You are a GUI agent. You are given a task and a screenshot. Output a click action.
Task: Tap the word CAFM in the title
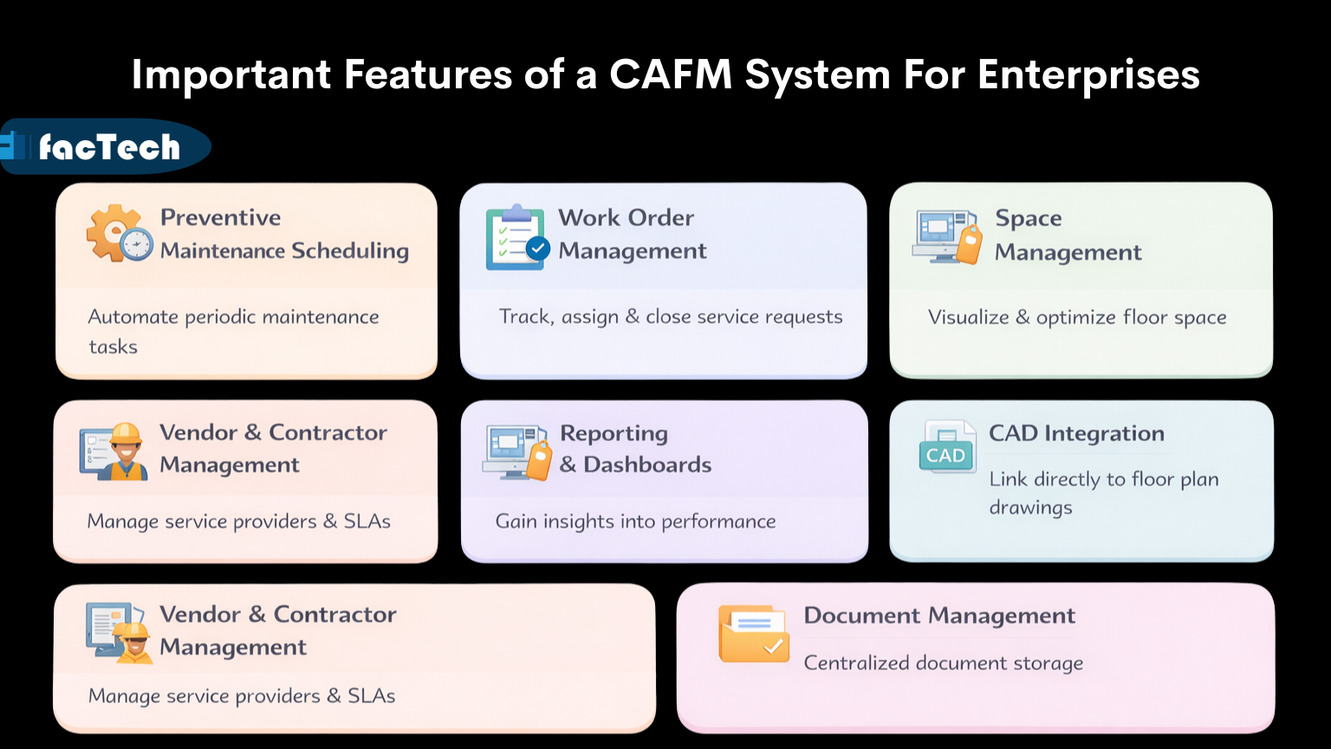(x=670, y=74)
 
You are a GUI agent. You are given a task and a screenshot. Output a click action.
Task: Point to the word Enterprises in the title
(x=1088, y=74)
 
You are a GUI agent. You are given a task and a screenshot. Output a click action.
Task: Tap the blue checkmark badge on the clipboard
(x=538, y=249)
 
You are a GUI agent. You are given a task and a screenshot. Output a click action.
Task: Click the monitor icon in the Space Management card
(x=940, y=234)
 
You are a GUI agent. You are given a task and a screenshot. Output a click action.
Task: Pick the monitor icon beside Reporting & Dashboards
(x=511, y=449)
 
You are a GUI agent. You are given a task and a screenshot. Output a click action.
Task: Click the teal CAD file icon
(x=945, y=448)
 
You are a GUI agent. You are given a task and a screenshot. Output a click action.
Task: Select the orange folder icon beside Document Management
(x=753, y=635)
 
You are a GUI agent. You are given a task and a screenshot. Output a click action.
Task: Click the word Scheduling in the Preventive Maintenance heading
(x=350, y=251)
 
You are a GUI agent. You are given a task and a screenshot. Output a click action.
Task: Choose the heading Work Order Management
(x=632, y=234)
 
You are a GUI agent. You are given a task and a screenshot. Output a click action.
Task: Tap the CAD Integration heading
(x=1076, y=433)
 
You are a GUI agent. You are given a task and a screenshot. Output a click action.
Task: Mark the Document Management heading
(x=939, y=616)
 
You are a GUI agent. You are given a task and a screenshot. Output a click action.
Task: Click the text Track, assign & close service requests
(x=670, y=317)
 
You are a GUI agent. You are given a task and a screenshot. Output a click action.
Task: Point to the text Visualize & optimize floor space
(x=1076, y=318)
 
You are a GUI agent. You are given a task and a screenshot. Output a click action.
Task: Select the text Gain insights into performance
(x=635, y=521)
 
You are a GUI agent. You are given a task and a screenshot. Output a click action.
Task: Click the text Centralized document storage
(x=943, y=663)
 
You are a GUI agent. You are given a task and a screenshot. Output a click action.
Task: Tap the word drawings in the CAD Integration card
(x=1030, y=508)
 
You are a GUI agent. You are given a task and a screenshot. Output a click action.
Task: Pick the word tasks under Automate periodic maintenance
(x=113, y=347)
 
